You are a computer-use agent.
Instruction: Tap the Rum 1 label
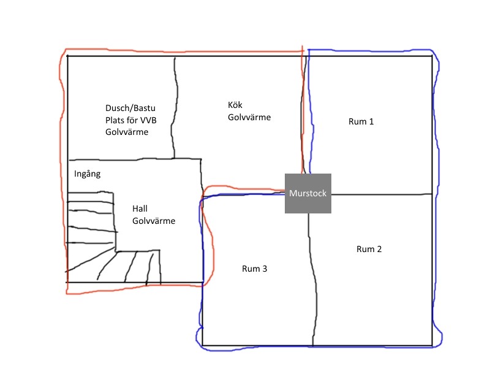coord(361,121)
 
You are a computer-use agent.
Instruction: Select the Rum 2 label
coord(369,249)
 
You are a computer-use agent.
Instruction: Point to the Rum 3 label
coord(254,269)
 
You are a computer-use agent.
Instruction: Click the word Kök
coord(235,105)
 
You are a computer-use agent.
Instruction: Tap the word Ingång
coord(86,174)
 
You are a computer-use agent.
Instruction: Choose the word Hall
coord(140,209)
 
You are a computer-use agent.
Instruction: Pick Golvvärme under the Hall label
coord(154,221)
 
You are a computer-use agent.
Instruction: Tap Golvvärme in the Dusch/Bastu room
coord(127,132)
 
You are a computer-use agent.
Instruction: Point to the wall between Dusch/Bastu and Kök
coord(175,107)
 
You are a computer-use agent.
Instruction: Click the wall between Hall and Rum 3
coord(202,245)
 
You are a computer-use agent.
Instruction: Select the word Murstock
coord(307,193)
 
